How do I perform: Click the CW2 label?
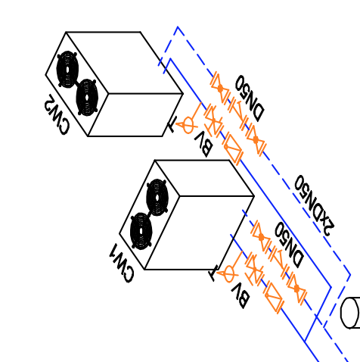coord(57,114)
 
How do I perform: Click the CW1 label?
coord(121,263)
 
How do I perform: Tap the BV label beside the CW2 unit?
coord(203,144)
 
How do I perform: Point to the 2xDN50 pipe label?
coord(315,205)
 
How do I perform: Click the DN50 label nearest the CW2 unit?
coord(250,98)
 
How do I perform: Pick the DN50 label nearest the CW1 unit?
coord(290,245)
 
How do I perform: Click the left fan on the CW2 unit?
coord(67,70)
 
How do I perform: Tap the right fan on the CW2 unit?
coord(87,98)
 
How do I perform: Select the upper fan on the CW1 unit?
coord(157,198)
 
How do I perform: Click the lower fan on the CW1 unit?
coord(141,231)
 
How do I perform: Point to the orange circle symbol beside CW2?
coord(188,124)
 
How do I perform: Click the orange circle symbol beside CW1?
coord(228,273)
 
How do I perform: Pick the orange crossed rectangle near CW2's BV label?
coord(233,149)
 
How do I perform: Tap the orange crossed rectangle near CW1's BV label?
coord(275,298)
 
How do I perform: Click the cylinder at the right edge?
coord(350,313)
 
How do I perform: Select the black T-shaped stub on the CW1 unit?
coord(213,273)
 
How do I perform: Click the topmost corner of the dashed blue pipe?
coord(178,27)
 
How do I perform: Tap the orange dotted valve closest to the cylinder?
coord(296,289)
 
